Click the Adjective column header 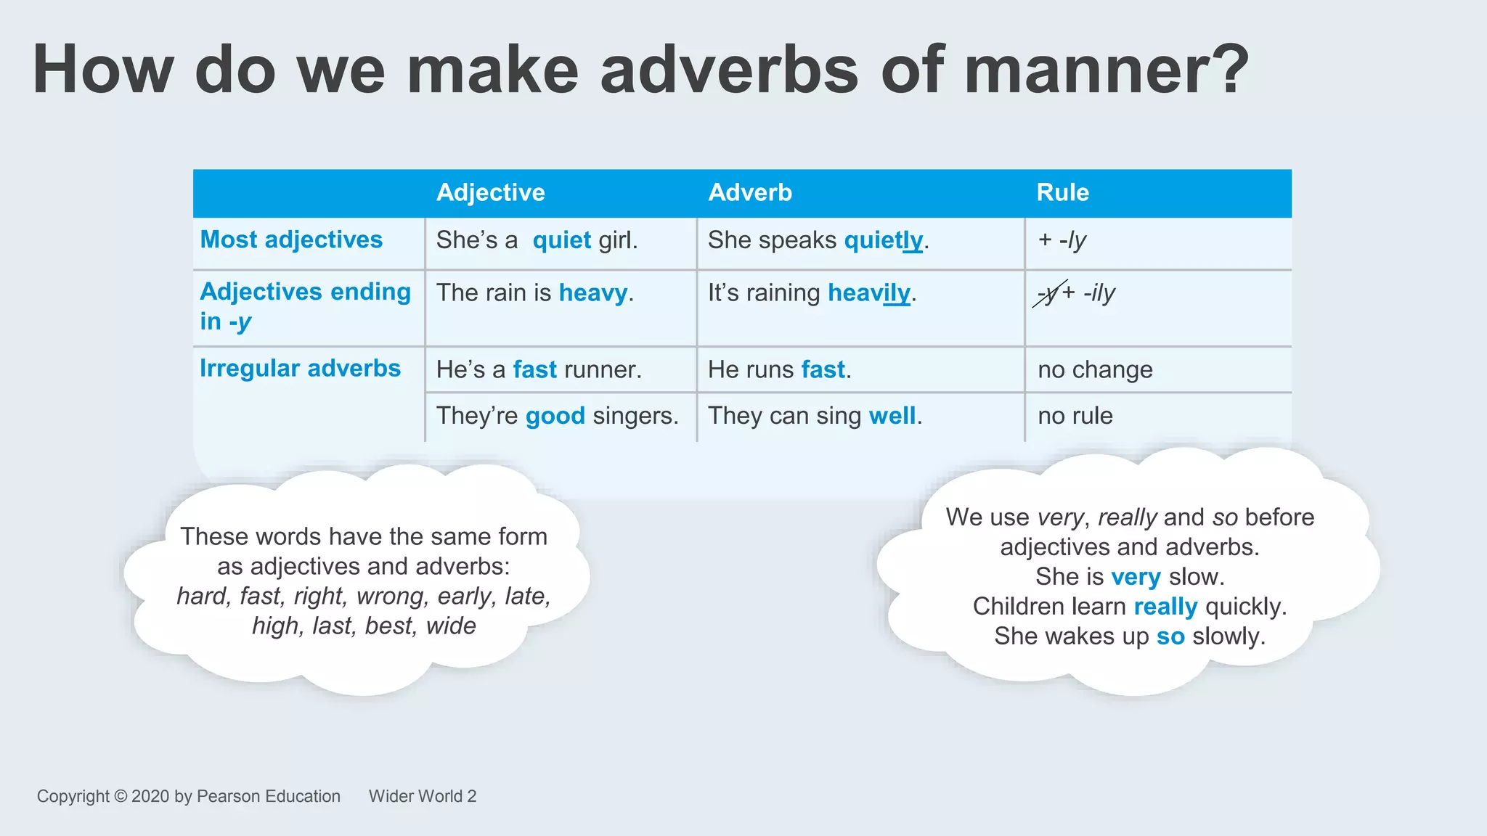pos(490,192)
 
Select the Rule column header pos(1062,192)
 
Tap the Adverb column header pos(749,192)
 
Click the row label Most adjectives pos(291,239)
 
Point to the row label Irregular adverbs pos(300,368)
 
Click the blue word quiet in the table pos(561,240)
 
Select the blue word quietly pos(883,240)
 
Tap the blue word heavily pos(868,292)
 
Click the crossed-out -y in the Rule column pos(1048,293)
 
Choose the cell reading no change pos(1095,369)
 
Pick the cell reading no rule pos(1075,416)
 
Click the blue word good pos(555,416)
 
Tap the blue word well pos(892,416)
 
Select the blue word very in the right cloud pos(1136,577)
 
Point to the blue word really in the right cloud pos(1165,607)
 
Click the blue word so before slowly pos(1170,636)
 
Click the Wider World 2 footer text pos(423,796)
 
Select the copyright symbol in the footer pos(121,796)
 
